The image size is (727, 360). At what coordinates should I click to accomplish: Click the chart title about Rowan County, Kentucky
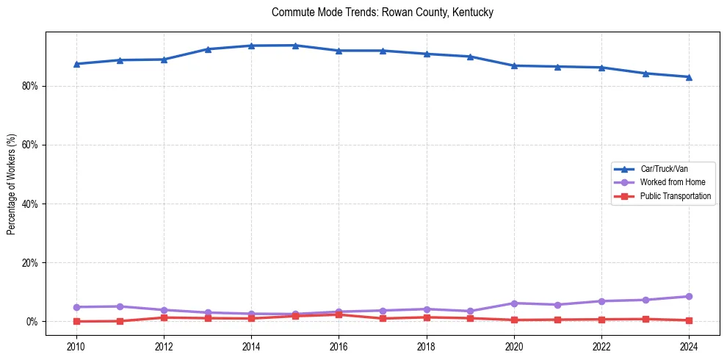tap(382, 12)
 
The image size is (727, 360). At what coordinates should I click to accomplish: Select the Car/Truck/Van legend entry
tap(664, 169)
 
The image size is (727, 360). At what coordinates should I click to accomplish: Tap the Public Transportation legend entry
tap(676, 196)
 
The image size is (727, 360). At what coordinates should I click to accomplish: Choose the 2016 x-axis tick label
tap(339, 345)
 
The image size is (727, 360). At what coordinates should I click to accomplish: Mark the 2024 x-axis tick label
tap(689, 345)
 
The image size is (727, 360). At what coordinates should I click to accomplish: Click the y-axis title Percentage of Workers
tap(12, 184)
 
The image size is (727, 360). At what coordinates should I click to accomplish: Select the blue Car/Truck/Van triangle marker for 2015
tap(295, 46)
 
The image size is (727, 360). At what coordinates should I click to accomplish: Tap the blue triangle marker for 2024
tap(689, 76)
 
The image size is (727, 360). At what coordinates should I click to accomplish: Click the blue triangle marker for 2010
tap(76, 64)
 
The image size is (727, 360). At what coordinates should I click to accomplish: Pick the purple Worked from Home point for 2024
tap(689, 297)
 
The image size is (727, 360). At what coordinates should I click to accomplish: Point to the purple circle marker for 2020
tap(514, 303)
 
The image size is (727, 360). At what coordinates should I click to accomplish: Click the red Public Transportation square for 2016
tap(339, 314)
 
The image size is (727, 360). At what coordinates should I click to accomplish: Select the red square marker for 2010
tap(76, 321)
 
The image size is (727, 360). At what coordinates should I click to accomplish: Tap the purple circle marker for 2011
tap(120, 306)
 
